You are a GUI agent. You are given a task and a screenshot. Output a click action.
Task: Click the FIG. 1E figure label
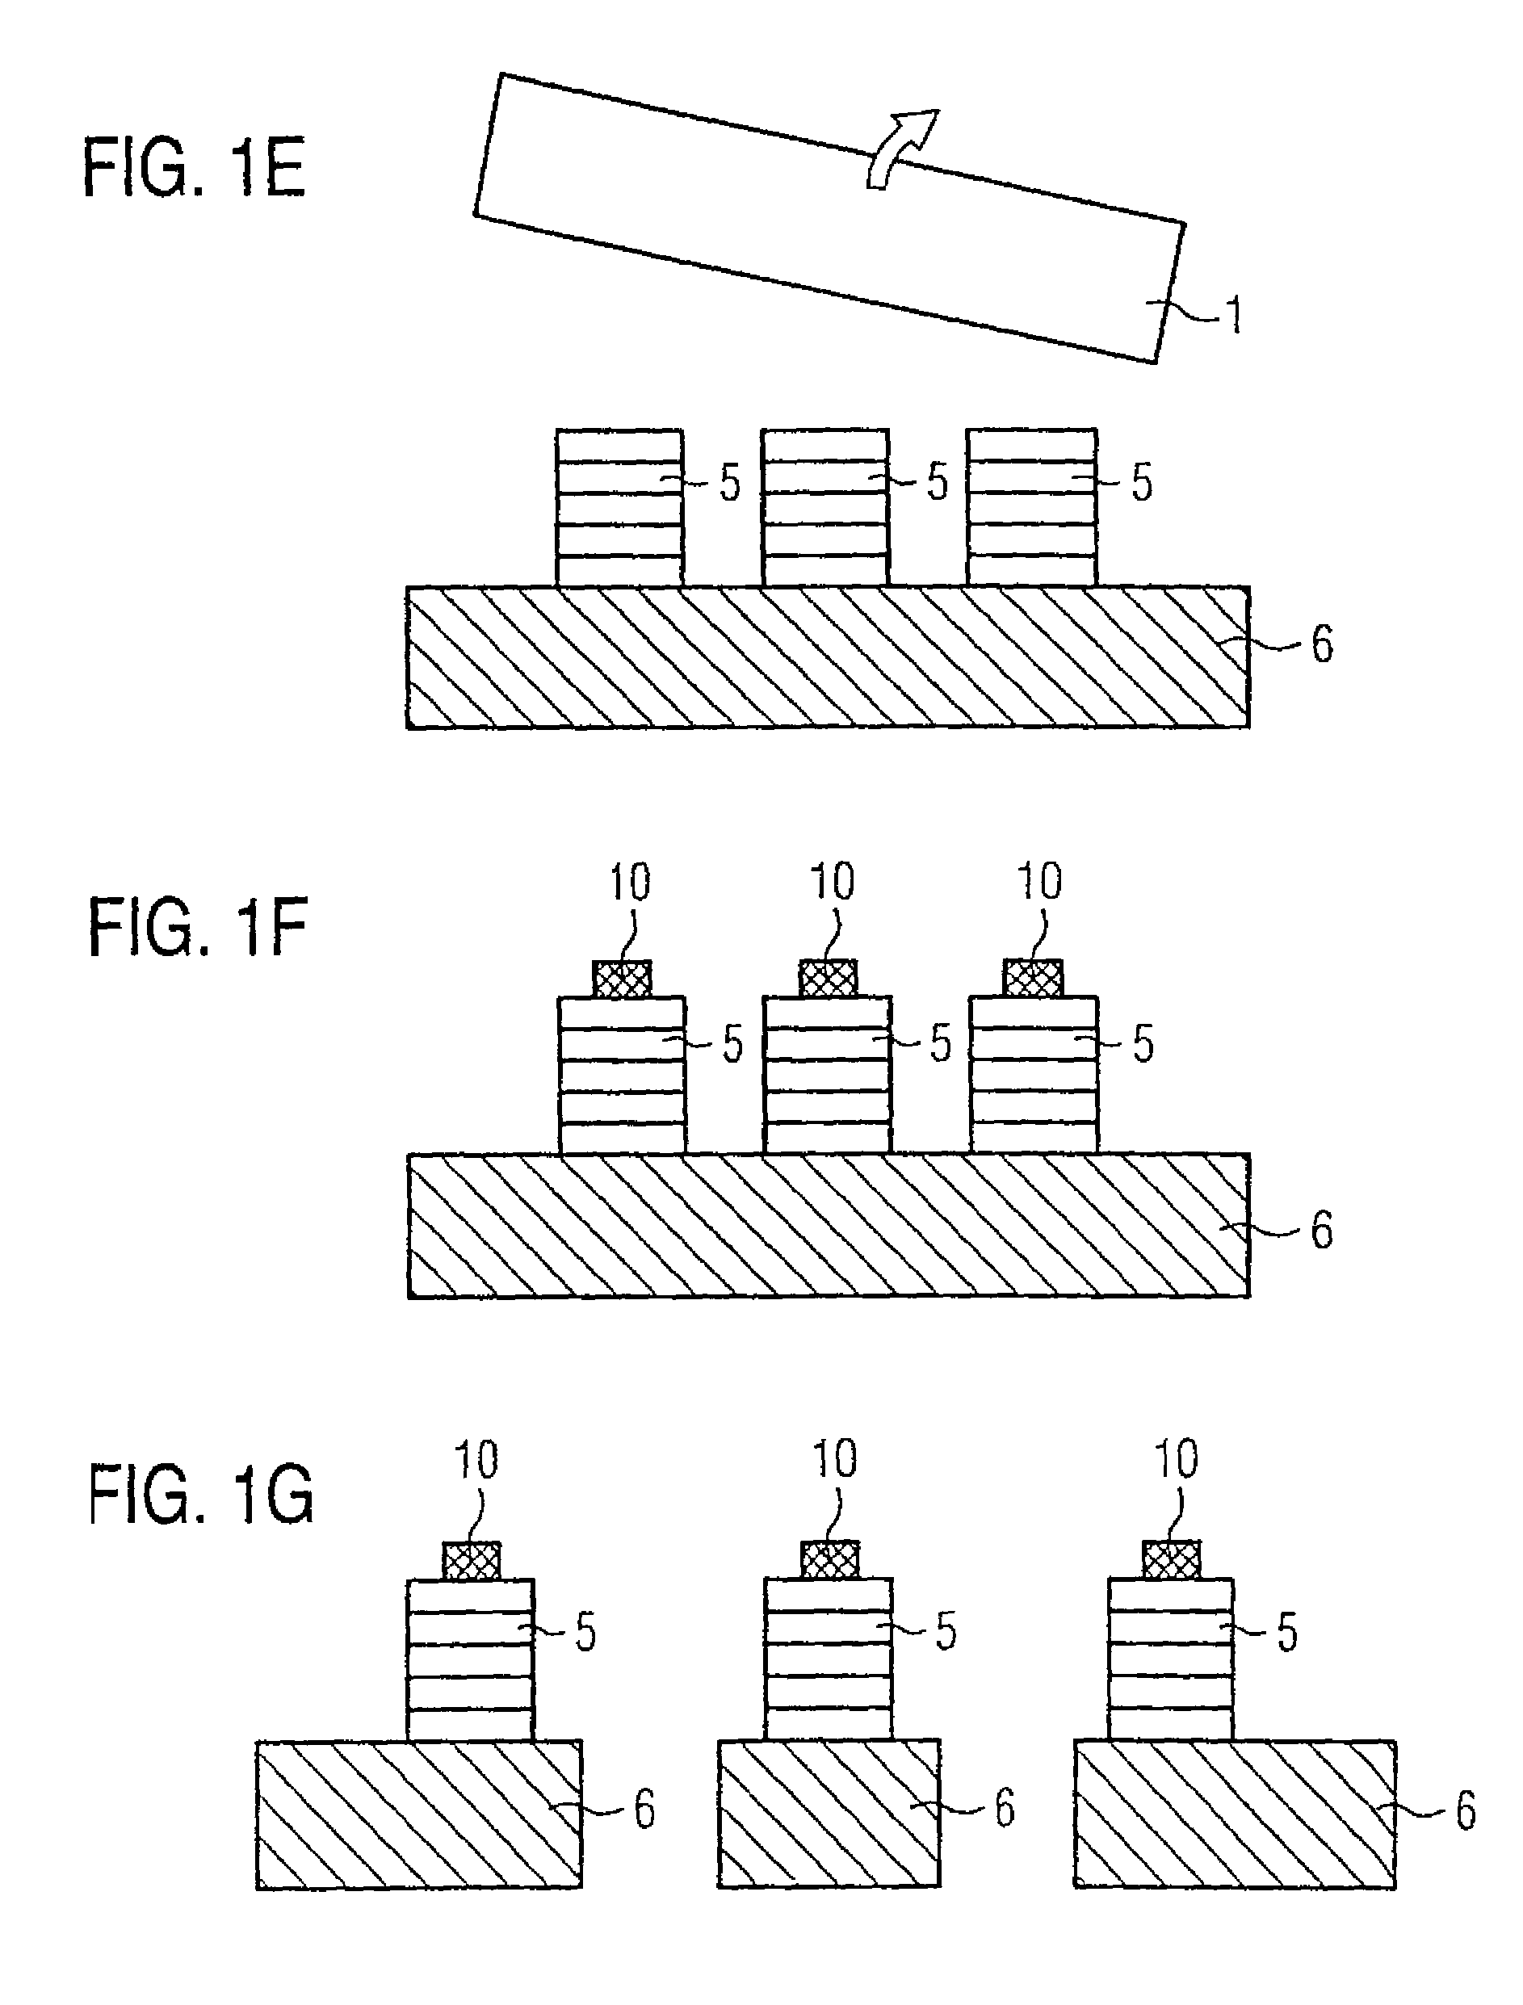tap(194, 168)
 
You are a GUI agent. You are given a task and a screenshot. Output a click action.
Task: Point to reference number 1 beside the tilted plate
tap(1233, 316)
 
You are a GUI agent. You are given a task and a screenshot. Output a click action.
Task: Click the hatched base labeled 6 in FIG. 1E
tap(827, 657)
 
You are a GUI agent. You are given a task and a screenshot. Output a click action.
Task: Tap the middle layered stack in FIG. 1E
tap(825, 508)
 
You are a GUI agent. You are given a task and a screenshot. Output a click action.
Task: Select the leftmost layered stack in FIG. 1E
tap(619, 508)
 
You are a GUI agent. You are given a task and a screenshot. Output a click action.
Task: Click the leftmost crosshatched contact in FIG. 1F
tap(622, 979)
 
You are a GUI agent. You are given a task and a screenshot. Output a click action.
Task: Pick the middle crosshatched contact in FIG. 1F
tap(828, 979)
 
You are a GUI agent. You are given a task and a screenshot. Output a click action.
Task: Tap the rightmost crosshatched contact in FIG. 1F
tap(1033, 979)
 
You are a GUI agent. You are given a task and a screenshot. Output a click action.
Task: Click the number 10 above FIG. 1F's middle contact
tap(831, 881)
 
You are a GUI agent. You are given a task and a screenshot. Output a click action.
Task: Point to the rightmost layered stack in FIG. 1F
tap(1034, 1075)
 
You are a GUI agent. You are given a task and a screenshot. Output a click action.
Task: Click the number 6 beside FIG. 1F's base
tap(1322, 1230)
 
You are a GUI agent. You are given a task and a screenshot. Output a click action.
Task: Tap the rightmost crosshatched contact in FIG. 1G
tap(1173, 1560)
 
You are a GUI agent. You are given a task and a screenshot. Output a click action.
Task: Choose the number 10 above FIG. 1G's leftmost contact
tap(476, 1460)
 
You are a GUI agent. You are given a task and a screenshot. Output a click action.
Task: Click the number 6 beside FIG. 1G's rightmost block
tap(1466, 1811)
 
